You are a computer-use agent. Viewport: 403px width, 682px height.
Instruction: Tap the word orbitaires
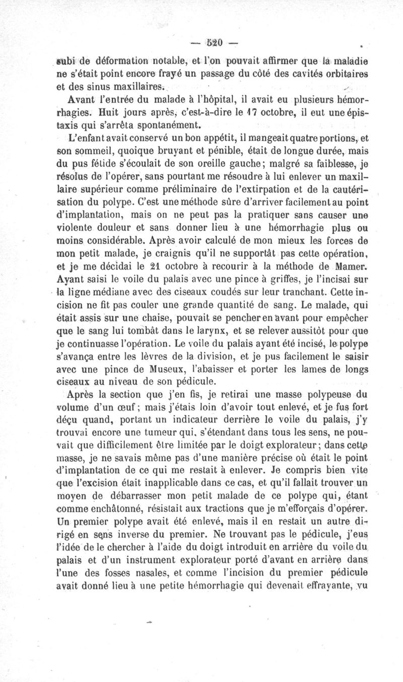click(x=345, y=75)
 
